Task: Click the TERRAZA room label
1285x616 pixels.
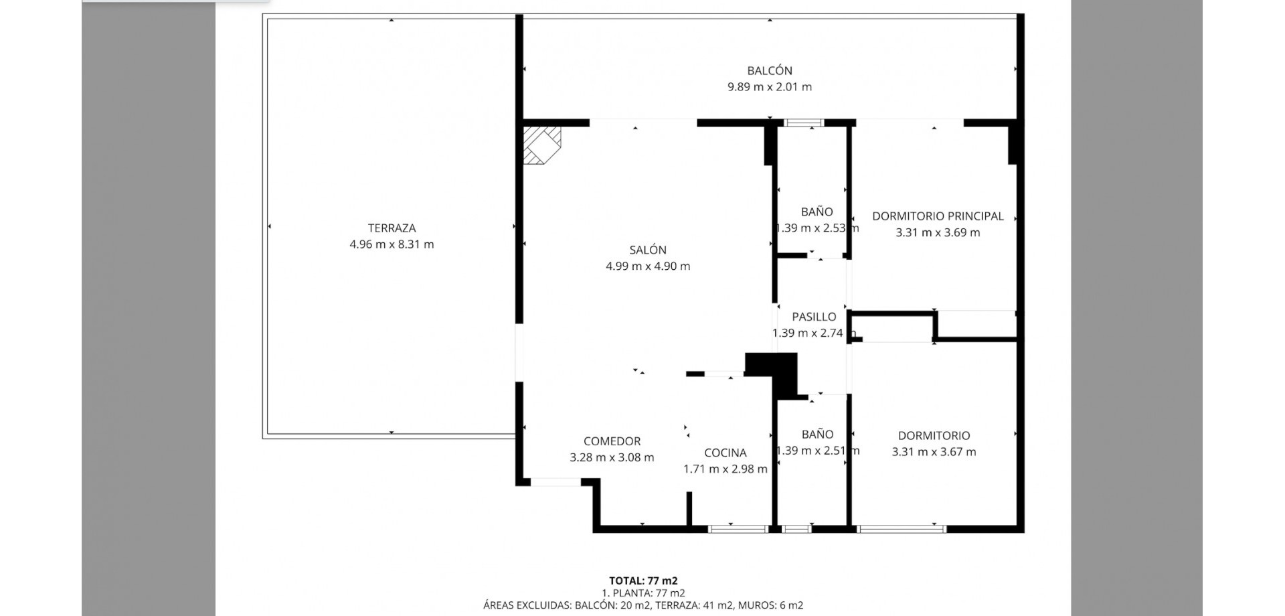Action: tap(392, 228)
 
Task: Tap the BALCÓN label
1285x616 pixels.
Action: tap(770, 70)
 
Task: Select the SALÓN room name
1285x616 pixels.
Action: tap(648, 250)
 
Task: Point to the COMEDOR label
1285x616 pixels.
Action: tap(612, 441)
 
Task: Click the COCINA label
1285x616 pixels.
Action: tap(725, 453)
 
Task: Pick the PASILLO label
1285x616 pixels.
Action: tap(814, 317)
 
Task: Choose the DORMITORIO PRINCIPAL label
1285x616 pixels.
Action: tap(938, 216)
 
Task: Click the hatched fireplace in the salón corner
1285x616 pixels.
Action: tap(541, 145)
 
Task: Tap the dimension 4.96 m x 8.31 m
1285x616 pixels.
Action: tap(392, 244)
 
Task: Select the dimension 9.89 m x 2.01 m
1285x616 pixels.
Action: tap(770, 86)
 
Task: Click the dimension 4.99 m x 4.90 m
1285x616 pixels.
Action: tap(648, 266)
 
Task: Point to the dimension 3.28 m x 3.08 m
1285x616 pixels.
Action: tap(612, 457)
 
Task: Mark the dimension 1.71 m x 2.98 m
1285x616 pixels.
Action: tap(725, 469)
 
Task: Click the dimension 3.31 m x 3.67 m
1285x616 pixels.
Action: tap(934, 452)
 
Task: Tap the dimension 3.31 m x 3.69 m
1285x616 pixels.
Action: tap(938, 232)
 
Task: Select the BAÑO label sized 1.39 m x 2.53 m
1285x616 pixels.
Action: tap(817, 212)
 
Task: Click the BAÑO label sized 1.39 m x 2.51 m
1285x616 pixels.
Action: tap(817, 434)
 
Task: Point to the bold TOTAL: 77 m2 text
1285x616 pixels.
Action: tap(643, 581)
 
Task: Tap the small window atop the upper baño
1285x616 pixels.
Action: tap(804, 123)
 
